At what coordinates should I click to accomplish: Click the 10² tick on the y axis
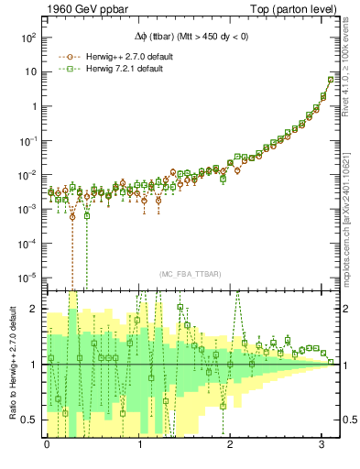(28, 38)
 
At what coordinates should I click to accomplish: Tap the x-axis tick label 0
(47, 445)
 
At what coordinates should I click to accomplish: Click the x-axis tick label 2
(233, 445)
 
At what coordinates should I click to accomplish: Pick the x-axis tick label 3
(325, 445)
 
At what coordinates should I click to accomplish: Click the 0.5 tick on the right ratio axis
(349, 420)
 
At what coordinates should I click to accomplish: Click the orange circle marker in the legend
(66, 56)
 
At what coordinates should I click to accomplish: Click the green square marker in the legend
(66, 69)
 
